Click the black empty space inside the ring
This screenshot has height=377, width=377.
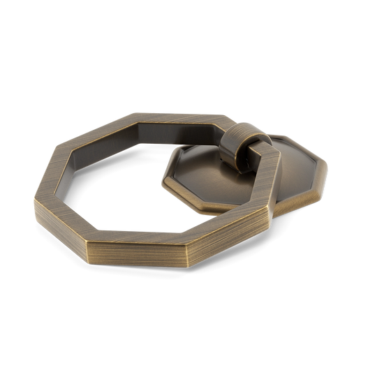coord(140,182)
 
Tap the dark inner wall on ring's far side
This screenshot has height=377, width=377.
coord(175,128)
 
